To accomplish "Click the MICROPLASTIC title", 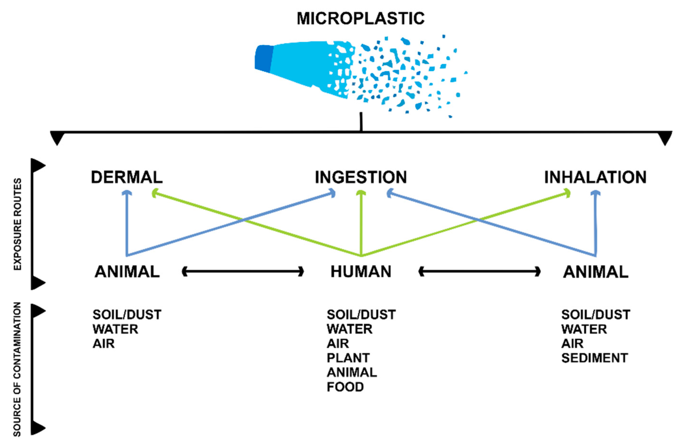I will click(x=360, y=18).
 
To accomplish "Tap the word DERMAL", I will click(x=127, y=177).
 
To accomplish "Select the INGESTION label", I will click(x=361, y=177).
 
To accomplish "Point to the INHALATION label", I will click(x=595, y=177).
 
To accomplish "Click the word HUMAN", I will click(x=361, y=272).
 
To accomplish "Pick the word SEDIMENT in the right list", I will click(x=594, y=358).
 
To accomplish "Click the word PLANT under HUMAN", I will click(x=348, y=358).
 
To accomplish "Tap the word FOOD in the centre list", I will click(x=345, y=387).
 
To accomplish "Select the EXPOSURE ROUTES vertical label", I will click(x=17, y=224).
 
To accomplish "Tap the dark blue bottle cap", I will click(x=264, y=59).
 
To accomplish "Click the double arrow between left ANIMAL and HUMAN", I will click(x=243, y=272).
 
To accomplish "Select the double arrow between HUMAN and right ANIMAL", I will click(x=480, y=272).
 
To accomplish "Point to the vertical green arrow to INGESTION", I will click(x=361, y=223).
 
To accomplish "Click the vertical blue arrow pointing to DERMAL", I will click(x=127, y=223).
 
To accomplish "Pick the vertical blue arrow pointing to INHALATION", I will click(x=596, y=223).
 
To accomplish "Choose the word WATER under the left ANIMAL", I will click(x=115, y=329).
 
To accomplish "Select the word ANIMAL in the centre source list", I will click(x=351, y=372).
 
